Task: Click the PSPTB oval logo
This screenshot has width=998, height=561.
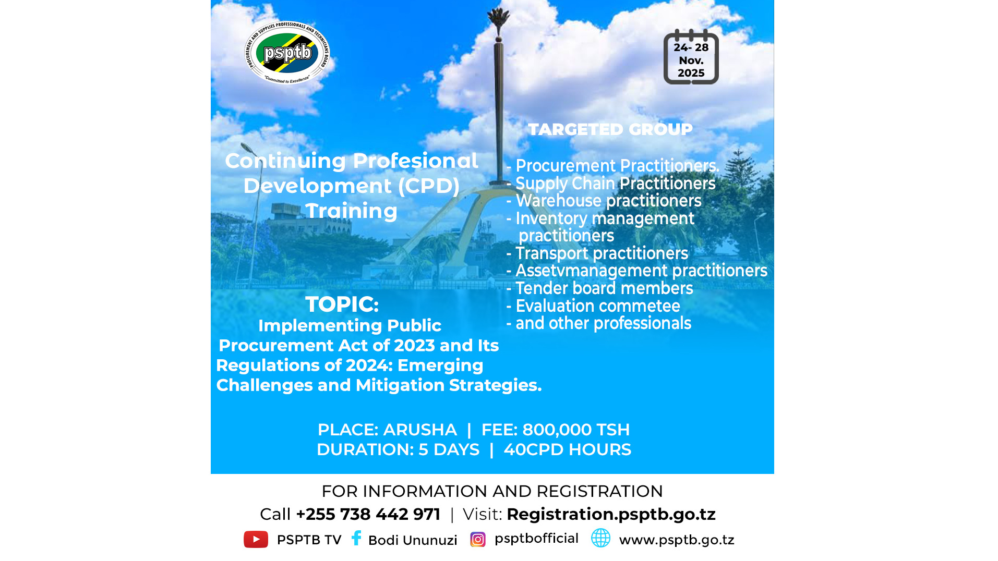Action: coord(287,52)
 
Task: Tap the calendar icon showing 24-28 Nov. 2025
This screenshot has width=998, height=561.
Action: coord(691,57)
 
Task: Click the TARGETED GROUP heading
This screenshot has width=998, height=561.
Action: coord(610,129)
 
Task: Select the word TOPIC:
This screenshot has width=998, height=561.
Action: coord(342,304)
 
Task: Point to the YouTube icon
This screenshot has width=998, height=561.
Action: coord(256,539)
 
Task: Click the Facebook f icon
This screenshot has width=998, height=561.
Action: coord(356,538)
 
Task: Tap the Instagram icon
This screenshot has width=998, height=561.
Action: coord(477,539)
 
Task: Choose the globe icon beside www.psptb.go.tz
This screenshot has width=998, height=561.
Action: coord(600,538)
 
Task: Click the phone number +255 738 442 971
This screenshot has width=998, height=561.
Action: coord(368,514)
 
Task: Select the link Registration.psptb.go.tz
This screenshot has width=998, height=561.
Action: coord(611,514)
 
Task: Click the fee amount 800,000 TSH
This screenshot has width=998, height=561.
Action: coord(576,430)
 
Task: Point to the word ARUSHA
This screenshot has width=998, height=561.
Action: coord(419,430)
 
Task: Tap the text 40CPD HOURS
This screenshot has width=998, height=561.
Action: coord(567,449)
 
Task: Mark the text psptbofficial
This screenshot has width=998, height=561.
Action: coord(536,538)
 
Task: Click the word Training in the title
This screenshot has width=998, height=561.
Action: coord(351,211)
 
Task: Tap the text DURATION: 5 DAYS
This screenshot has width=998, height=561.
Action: coord(398,449)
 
